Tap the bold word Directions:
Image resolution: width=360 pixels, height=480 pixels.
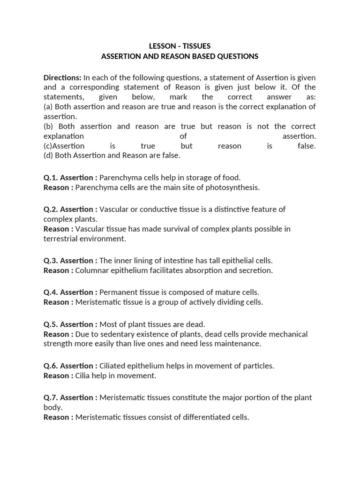62,77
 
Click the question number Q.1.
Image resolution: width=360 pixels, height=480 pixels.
51,178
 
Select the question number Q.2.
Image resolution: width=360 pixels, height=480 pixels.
51,209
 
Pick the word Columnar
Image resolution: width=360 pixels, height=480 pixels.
91,270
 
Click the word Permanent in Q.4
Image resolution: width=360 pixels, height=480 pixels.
117,292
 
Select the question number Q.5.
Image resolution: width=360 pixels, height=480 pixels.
51,324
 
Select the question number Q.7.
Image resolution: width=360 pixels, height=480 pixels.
51,397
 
